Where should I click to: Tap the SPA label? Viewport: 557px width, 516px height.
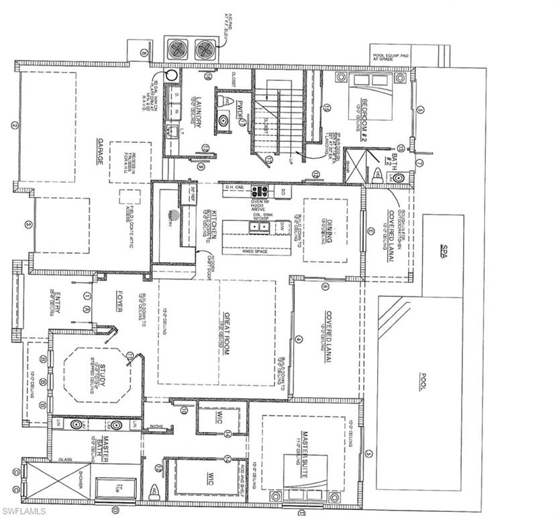(x=443, y=251)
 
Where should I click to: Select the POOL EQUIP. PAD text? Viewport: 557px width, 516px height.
(x=391, y=54)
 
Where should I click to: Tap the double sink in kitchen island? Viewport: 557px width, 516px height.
(x=260, y=227)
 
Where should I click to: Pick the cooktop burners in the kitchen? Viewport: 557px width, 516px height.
(x=259, y=191)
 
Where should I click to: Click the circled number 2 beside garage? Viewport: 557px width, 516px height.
(x=13, y=124)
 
